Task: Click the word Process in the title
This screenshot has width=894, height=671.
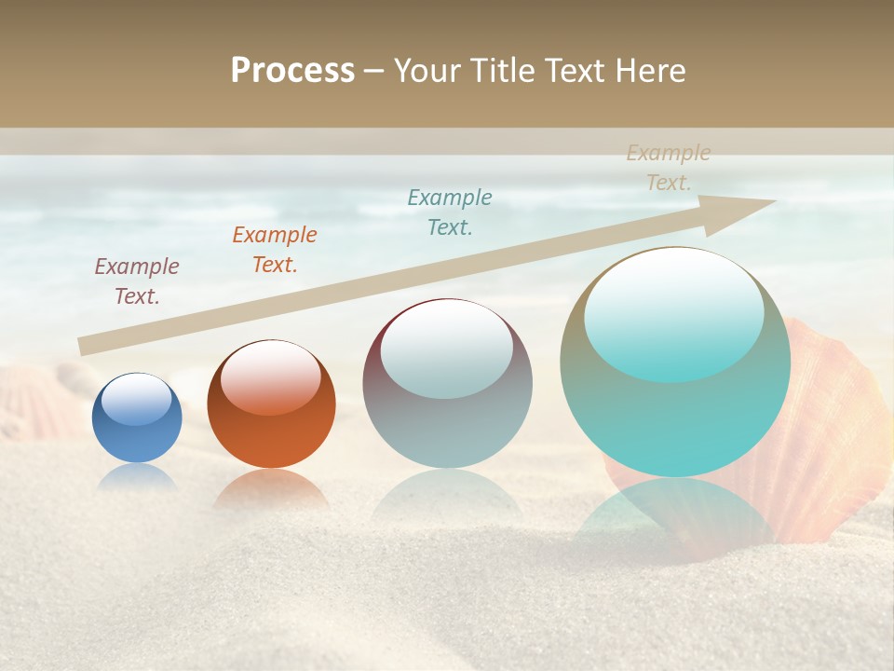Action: point(292,71)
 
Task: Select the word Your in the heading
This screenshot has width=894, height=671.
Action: point(427,71)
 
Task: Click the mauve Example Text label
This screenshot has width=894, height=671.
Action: point(137,281)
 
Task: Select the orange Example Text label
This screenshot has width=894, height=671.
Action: point(275,250)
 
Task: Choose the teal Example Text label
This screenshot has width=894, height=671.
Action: point(450,212)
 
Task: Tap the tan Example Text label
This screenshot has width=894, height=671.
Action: point(669,168)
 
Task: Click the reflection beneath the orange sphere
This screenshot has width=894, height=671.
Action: point(270,489)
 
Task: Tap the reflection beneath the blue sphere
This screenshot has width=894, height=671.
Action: point(137,477)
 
